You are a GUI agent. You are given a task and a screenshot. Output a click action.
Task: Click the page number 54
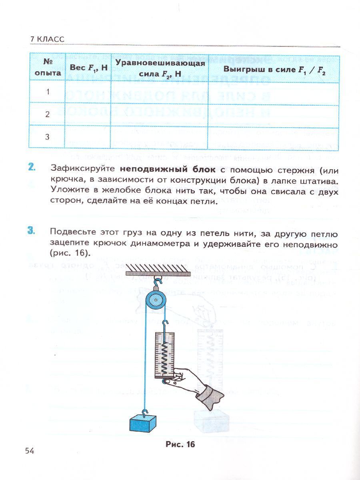(x=29, y=451)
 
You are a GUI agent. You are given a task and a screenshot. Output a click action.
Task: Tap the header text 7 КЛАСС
(x=47, y=39)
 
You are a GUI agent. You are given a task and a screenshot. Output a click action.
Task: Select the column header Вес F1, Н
(x=88, y=68)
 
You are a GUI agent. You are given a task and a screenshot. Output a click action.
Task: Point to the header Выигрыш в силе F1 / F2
(x=274, y=68)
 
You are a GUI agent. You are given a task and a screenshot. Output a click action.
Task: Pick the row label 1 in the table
(x=48, y=92)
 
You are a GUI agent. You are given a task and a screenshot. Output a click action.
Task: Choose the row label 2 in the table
(x=48, y=114)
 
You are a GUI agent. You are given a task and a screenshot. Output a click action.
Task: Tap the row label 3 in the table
(x=48, y=137)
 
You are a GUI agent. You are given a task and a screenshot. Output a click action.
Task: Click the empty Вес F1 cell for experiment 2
(x=88, y=114)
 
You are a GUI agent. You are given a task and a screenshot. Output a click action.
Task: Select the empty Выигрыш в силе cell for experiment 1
(x=274, y=92)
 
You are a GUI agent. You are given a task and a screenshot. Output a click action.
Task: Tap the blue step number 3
(x=32, y=231)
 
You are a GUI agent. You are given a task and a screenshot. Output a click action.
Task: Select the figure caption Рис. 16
(x=180, y=444)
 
